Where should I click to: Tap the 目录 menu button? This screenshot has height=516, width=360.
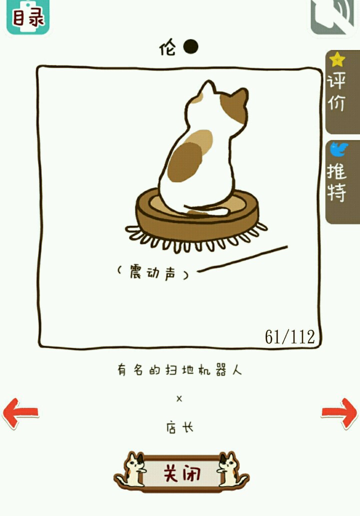click(28, 16)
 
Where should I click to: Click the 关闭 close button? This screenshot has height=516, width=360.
click(181, 472)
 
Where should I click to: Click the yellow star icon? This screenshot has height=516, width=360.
click(337, 59)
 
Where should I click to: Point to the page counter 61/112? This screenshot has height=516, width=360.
click(290, 336)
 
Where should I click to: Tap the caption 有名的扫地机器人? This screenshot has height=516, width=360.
click(179, 369)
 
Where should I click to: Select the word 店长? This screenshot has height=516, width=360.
click(179, 428)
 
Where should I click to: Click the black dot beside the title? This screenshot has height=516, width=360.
click(191, 46)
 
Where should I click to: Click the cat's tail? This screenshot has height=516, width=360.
click(206, 209)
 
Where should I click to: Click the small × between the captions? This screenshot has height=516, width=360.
click(179, 399)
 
